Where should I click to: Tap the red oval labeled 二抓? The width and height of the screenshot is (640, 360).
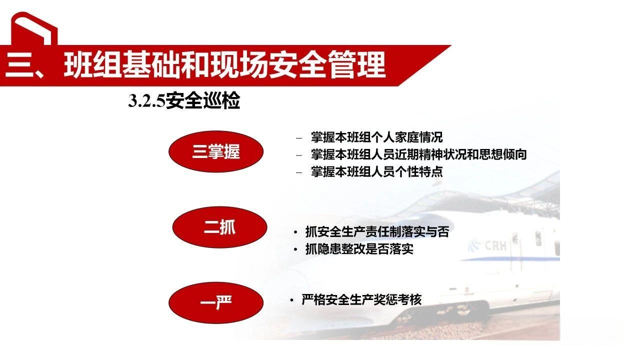pos(219,227)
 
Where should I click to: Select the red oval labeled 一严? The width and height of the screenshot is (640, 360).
pos(216,302)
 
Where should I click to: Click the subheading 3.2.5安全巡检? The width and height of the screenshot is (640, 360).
pos(184,101)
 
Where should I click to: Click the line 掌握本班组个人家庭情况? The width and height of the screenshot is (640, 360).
pos(376,137)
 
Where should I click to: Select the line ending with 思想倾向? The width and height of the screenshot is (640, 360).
pos(418,154)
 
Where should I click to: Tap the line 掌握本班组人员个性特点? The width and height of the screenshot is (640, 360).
pos(376,171)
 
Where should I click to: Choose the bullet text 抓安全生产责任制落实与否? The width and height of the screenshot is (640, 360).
pos(377,232)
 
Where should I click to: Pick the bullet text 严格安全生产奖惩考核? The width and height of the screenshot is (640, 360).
pos(361,299)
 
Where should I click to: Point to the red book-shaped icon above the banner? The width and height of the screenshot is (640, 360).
pos(33,29)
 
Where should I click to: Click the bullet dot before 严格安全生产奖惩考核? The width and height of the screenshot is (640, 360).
pos(291,300)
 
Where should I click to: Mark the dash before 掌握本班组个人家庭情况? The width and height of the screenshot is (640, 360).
pos(299,137)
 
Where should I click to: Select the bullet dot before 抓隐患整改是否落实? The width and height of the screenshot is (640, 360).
pos(295,249)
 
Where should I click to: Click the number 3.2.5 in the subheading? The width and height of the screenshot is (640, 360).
pos(146,102)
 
